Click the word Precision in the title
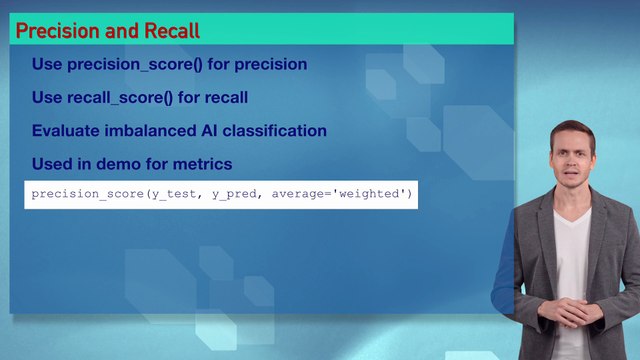(x=53, y=30)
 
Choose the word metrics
(x=204, y=163)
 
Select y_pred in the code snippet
(x=231, y=193)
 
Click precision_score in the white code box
(x=87, y=193)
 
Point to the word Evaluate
(x=66, y=131)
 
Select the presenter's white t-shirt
(x=573, y=250)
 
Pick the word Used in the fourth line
(x=51, y=163)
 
